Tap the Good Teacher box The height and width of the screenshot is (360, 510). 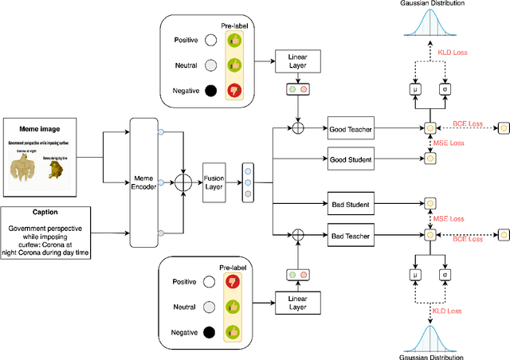(x=353, y=127)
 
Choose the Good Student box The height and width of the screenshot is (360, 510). (x=353, y=159)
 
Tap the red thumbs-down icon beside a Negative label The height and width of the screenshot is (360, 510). (x=234, y=89)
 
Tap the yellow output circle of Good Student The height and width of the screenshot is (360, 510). (x=431, y=159)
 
